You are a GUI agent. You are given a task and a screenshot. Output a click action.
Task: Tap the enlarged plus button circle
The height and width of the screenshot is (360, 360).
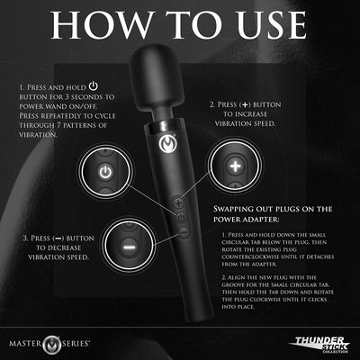[x=233, y=168]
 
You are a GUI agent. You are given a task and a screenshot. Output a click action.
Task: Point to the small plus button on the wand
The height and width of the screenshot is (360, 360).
[x=182, y=203]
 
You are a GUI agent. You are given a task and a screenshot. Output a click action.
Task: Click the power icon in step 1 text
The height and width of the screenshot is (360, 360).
[x=97, y=87]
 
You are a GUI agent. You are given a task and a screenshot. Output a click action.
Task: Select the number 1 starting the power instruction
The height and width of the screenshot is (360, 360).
[x=19, y=88]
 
